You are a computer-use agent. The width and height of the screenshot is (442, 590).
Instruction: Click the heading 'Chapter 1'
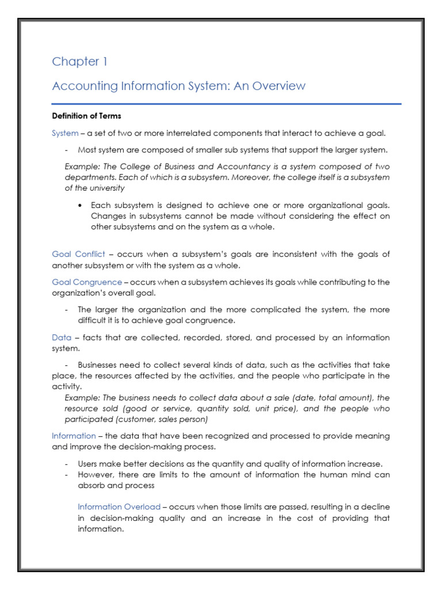click(79, 62)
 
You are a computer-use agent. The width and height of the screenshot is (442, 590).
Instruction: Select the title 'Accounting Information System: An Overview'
click(178, 86)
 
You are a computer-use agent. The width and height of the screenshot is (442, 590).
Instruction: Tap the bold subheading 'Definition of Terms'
click(86, 116)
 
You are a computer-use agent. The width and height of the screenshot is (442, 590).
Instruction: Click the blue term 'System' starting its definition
click(65, 133)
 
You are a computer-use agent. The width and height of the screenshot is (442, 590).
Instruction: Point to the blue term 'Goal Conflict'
click(78, 254)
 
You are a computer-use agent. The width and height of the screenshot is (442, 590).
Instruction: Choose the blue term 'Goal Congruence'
click(87, 282)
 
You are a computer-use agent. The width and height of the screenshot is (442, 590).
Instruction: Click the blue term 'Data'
click(62, 338)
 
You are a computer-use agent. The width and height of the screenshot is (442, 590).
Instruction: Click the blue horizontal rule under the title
click(226, 104)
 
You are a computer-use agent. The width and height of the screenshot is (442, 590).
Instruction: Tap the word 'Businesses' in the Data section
click(98, 365)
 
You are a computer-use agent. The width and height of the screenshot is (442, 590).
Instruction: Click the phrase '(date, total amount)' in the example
click(321, 398)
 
